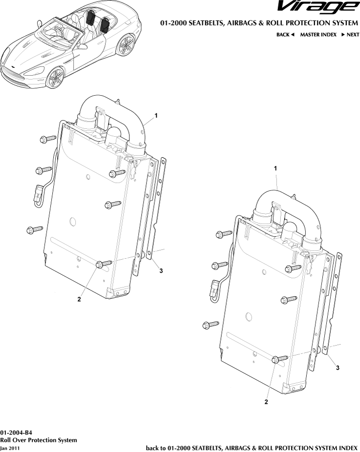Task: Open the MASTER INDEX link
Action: [x=318, y=35]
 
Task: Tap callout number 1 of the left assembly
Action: [x=156, y=115]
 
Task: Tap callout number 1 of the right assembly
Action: [x=276, y=168]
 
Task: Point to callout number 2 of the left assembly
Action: [x=79, y=299]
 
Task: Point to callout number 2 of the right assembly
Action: [x=266, y=403]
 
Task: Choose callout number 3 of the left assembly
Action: [x=161, y=271]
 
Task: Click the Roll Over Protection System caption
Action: [x=38, y=440]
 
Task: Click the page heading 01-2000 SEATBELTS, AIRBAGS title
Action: [x=259, y=23]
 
